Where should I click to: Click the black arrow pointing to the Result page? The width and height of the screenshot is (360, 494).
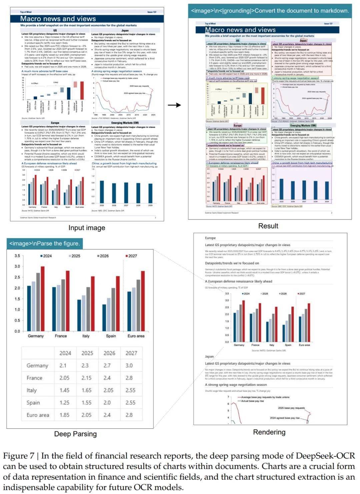[174, 105]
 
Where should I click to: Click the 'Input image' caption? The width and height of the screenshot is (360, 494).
[87, 228]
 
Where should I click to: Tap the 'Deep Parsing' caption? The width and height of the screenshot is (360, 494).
[75, 434]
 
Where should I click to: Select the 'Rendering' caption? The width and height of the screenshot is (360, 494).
[269, 432]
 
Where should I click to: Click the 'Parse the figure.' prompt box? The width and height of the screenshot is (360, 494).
[45, 244]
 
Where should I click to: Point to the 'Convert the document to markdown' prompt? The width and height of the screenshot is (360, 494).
[270, 11]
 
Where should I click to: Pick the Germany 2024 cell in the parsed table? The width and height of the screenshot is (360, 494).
[63, 366]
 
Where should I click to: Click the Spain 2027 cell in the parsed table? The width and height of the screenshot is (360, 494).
[130, 403]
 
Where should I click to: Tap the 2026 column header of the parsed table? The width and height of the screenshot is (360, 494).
[109, 353]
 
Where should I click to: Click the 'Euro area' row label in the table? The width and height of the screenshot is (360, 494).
[38, 415]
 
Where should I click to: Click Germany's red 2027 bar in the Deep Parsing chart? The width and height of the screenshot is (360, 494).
[42, 298]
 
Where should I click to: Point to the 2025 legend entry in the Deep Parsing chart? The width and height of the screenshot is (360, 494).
[74, 256]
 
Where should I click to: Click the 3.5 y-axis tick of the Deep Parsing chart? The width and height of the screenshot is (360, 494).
[17, 256]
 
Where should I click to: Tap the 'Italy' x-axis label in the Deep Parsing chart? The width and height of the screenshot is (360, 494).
[86, 336]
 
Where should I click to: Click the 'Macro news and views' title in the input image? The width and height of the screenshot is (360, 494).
[58, 19]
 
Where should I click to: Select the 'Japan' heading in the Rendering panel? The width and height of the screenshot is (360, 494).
[209, 356]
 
